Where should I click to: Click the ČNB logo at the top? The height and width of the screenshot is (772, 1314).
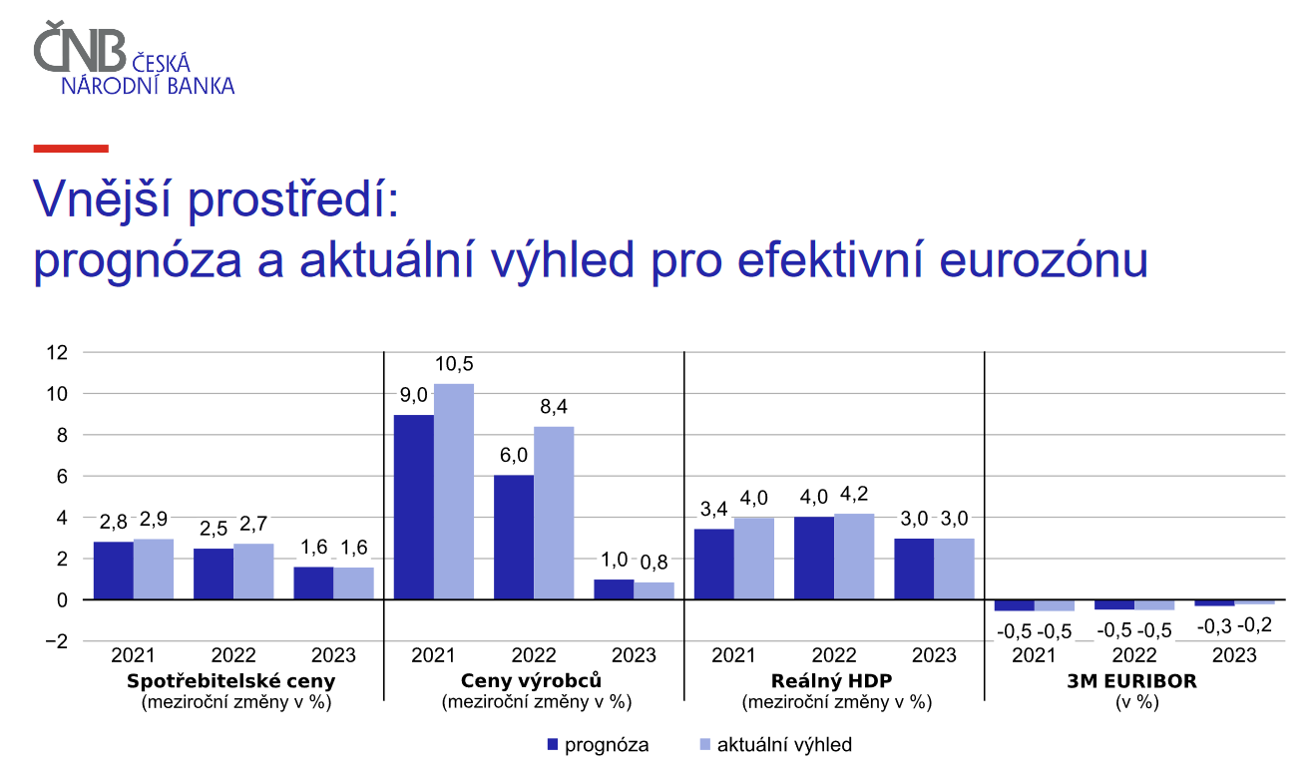[134, 58]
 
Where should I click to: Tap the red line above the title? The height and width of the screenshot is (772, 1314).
[71, 149]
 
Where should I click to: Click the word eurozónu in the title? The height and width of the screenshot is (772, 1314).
[1044, 260]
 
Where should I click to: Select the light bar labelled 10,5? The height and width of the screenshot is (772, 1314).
[454, 492]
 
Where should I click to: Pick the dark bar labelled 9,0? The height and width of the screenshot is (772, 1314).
[414, 507]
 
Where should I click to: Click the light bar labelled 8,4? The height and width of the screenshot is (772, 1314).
[554, 514]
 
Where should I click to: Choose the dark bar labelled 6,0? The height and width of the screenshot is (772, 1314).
[514, 538]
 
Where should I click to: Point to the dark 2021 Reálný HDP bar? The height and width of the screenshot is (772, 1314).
[714, 565]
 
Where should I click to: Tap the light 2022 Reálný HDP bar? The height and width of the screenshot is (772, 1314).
[854, 557]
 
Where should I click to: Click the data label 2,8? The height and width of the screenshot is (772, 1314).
[113, 522]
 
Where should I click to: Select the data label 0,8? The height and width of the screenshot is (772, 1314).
[654, 563]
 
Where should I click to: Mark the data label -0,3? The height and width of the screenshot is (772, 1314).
[1213, 626]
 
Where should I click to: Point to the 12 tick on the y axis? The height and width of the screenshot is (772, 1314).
[57, 352]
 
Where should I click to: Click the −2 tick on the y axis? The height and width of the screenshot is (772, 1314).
[56, 641]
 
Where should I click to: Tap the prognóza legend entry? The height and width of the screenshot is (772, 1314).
[598, 745]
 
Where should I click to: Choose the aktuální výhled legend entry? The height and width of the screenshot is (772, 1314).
[775, 745]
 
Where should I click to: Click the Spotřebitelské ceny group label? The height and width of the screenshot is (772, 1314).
[231, 681]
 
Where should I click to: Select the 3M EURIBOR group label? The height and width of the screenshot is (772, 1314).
[1131, 681]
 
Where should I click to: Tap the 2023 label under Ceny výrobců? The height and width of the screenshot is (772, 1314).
[634, 655]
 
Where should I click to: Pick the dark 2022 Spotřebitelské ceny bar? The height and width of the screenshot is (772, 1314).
[214, 574]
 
